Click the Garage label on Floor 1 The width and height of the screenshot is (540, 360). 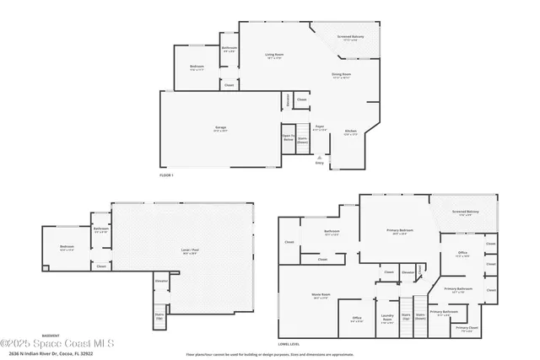point(219,128)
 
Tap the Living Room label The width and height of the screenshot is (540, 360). point(274,56)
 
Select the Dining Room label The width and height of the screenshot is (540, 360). point(340,76)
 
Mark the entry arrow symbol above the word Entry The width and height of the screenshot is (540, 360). point(319,157)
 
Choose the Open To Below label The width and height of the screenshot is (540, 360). point(289,137)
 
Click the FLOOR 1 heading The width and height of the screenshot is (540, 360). point(166,175)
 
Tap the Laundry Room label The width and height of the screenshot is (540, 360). point(386,320)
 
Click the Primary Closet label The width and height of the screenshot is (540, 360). point(467,328)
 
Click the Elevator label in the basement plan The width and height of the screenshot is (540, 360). point(160,281)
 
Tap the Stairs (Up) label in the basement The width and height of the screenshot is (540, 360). point(159,316)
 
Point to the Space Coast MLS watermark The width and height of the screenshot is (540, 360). point(63,342)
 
